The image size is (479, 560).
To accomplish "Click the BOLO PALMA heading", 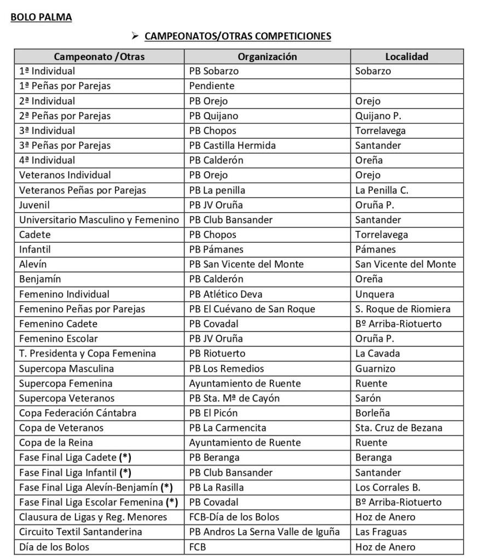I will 41,17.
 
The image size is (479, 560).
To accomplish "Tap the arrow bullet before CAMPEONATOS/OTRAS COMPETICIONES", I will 134,37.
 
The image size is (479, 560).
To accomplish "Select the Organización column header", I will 267,56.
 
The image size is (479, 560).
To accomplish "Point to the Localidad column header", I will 407,56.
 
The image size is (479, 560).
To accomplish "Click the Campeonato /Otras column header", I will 99,56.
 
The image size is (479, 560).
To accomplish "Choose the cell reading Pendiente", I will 211,86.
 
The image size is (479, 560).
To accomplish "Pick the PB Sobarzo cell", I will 214,71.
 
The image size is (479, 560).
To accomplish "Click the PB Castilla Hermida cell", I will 232,145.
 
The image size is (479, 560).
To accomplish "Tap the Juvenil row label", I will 34,205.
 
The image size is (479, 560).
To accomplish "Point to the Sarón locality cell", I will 368,398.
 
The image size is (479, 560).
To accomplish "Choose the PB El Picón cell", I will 213,413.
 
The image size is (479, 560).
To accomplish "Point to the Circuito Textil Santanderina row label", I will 80,532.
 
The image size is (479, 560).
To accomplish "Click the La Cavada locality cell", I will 377,353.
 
